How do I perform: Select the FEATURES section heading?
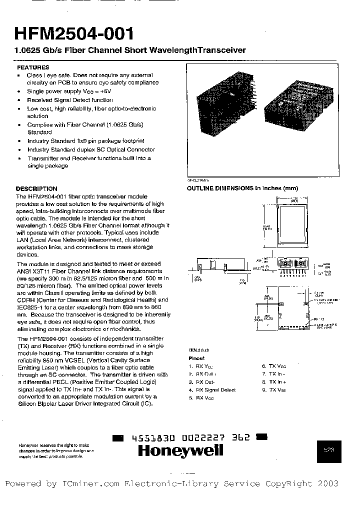pos(33,67)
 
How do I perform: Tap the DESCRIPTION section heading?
pos(36,188)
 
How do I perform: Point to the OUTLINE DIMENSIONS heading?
pos(242,188)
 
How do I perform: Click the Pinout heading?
pos(196,358)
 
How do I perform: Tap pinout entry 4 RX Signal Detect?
pos(212,389)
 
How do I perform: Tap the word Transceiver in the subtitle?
pos(220,50)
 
